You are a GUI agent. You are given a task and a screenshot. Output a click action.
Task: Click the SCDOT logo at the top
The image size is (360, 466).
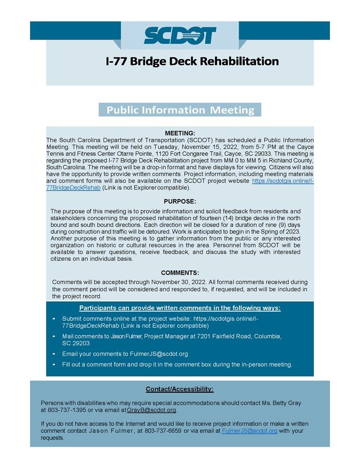click(180, 36)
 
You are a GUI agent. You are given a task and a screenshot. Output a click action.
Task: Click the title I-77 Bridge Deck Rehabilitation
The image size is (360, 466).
click(192, 61)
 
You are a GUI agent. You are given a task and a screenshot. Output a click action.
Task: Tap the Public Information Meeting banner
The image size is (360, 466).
click(180, 110)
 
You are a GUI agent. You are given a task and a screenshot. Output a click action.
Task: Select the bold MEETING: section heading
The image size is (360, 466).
click(180, 133)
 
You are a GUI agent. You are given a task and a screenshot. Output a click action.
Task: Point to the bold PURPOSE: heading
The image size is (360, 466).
click(180, 201)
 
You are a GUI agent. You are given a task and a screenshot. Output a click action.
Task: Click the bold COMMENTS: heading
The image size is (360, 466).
click(180, 273)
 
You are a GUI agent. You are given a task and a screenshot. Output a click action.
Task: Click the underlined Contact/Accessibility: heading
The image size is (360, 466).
click(180, 389)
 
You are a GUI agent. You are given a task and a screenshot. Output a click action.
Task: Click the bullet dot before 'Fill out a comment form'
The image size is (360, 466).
click(54, 365)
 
